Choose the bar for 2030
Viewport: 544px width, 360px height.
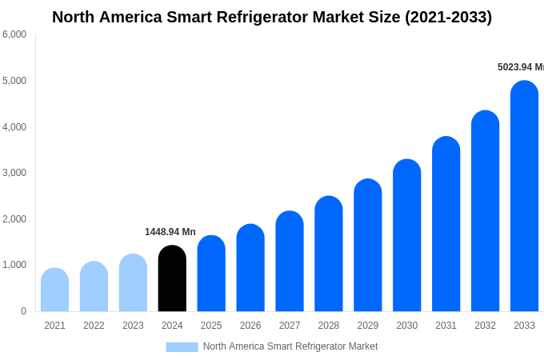(x=406, y=235)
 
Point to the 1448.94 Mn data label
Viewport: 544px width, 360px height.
(x=170, y=232)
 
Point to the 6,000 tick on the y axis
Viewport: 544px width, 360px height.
(x=14, y=34)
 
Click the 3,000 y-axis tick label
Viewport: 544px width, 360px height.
(x=14, y=173)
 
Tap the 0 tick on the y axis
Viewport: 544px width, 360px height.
(x=23, y=311)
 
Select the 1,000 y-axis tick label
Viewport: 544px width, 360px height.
(x=14, y=265)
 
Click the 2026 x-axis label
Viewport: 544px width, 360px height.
(x=250, y=326)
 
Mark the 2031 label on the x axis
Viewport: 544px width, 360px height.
(x=446, y=326)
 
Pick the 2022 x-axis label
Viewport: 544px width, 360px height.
(x=94, y=326)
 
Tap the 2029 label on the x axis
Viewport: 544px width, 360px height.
(x=368, y=326)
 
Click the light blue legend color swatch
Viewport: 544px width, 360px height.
(x=182, y=347)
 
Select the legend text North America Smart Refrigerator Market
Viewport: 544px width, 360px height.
(x=290, y=346)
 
